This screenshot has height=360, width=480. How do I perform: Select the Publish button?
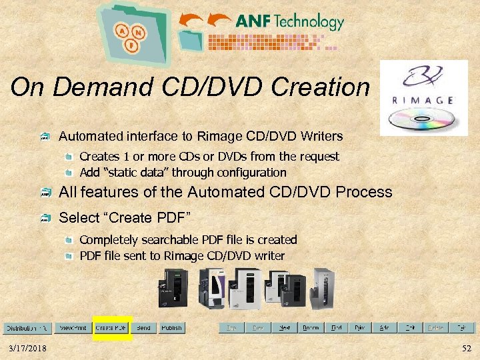point(171,328)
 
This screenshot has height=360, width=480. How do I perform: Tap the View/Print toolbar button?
point(73,328)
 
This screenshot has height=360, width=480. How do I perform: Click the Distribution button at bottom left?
point(27,328)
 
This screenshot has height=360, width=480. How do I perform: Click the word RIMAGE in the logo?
point(423,100)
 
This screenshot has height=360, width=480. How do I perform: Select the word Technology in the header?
point(309,21)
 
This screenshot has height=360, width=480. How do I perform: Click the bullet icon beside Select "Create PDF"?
point(45,218)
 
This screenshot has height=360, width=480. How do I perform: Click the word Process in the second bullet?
point(364,192)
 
